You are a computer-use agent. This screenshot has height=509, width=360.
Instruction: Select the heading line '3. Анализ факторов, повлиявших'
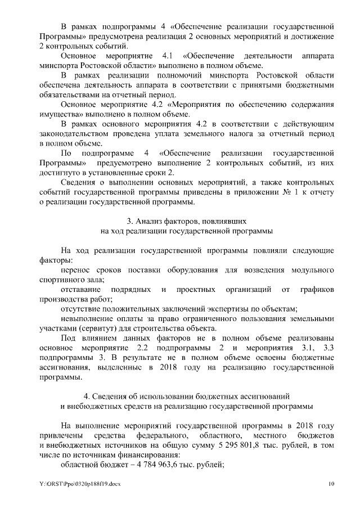pyautogui.click(x=179, y=221)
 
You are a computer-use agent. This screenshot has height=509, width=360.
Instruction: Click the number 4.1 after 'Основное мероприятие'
pyautogui.click(x=169, y=56)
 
